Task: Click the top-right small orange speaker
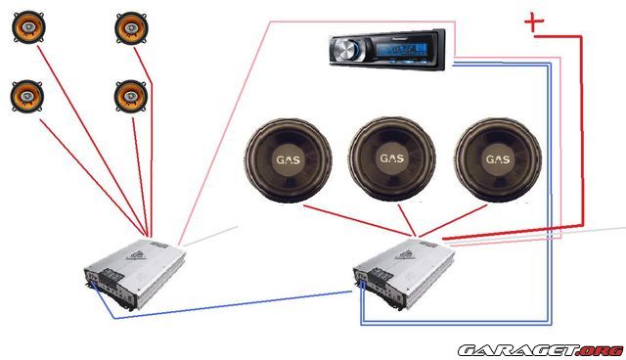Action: [x=129, y=27]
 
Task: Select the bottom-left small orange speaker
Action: [x=26, y=95]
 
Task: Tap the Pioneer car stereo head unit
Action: [x=385, y=46]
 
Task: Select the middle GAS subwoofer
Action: [x=391, y=158]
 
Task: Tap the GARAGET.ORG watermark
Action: [x=540, y=349]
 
